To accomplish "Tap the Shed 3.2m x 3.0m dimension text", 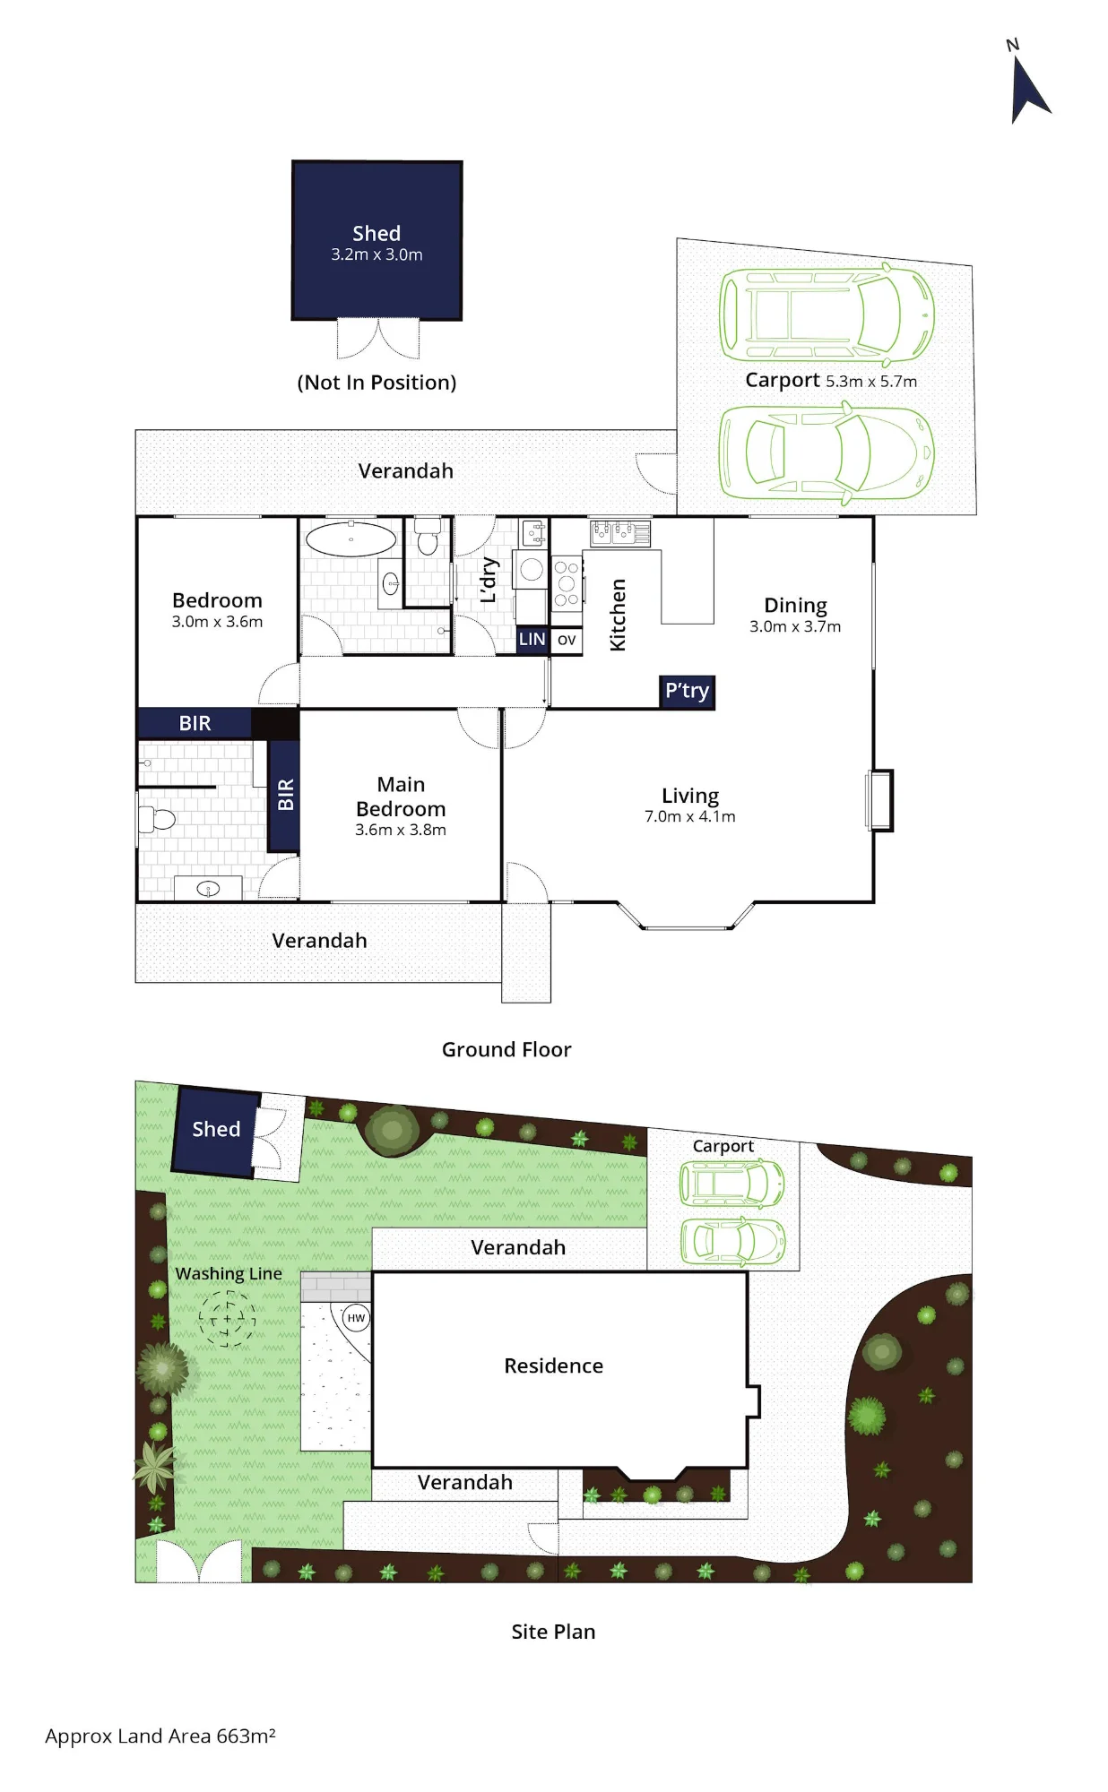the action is [x=377, y=254].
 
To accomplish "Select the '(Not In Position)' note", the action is [x=377, y=383].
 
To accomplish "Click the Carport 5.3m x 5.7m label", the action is [x=831, y=380].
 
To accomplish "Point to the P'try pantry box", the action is [x=687, y=692].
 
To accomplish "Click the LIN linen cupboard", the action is [x=532, y=640].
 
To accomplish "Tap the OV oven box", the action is [x=567, y=640].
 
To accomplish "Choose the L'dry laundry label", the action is [x=489, y=579].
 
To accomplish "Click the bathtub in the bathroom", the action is [x=351, y=539].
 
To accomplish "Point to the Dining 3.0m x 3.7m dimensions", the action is [x=795, y=626].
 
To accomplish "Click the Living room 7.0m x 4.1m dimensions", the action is [x=690, y=816].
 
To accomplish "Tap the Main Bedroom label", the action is [x=401, y=797].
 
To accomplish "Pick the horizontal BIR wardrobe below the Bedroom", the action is [x=195, y=723].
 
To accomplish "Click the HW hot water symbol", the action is [x=357, y=1317].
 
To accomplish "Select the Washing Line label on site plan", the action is [x=229, y=1274].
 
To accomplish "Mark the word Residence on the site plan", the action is [x=553, y=1366].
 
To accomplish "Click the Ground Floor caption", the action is [x=506, y=1049].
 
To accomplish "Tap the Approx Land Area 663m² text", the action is [x=160, y=1736].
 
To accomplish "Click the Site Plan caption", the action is [x=553, y=1632].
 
